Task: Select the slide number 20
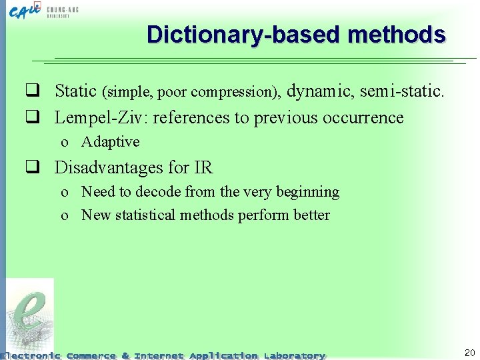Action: click(x=469, y=353)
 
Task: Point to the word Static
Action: click(x=75, y=91)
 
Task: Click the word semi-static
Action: click(x=401, y=91)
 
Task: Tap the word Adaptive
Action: click(x=110, y=142)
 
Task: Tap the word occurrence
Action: click(x=363, y=117)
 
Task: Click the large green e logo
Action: click(x=29, y=313)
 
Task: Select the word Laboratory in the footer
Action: click(x=294, y=356)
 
